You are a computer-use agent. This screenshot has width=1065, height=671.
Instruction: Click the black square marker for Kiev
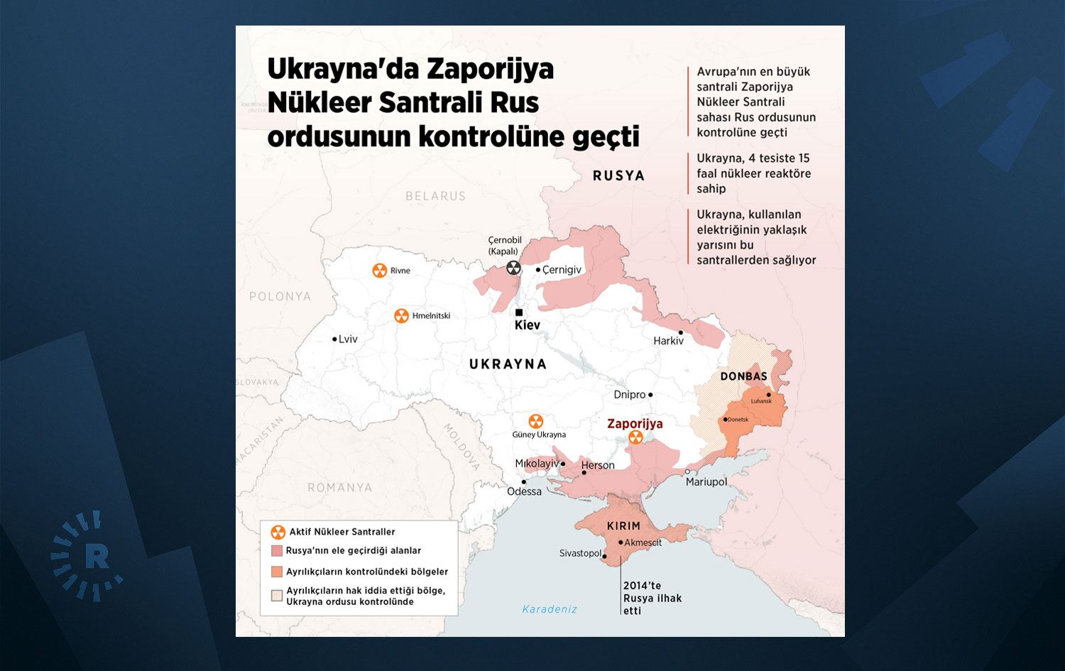coord(519,312)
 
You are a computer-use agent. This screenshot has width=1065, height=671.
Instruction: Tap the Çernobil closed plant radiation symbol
coord(513,268)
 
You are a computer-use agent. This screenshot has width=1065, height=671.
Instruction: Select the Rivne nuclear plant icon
coord(380,271)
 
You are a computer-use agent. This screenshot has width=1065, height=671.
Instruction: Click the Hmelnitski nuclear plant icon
coord(401,315)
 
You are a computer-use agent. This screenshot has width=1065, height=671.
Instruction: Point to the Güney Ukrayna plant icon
coord(536,421)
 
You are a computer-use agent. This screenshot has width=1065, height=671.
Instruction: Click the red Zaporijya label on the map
coord(635,424)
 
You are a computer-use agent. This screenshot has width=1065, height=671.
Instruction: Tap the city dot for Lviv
coord(334,339)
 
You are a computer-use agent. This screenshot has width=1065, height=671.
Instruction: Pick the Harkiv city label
coord(668,341)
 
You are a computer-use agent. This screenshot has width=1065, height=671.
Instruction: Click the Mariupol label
coord(706,482)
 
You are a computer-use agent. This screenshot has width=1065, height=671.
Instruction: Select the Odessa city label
coord(524,491)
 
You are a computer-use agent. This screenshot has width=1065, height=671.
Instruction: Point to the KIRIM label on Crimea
coord(623,526)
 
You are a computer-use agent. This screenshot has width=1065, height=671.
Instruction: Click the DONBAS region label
coord(743,376)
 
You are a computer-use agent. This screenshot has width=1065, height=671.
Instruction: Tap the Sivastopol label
coord(580,553)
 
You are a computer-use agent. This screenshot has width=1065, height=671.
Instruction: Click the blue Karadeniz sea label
coord(550,609)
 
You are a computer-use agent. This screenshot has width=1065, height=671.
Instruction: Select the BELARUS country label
coord(435,196)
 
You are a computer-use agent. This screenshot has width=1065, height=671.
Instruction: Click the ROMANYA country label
coord(339,488)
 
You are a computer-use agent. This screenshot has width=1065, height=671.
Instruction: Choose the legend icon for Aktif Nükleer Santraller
coord(278,532)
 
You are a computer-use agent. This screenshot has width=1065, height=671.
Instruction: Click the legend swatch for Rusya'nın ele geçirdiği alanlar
coord(277,551)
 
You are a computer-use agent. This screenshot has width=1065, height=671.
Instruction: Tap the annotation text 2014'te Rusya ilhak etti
coord(651,598)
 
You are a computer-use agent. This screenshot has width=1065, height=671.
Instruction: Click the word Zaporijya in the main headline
coord(490,69)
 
